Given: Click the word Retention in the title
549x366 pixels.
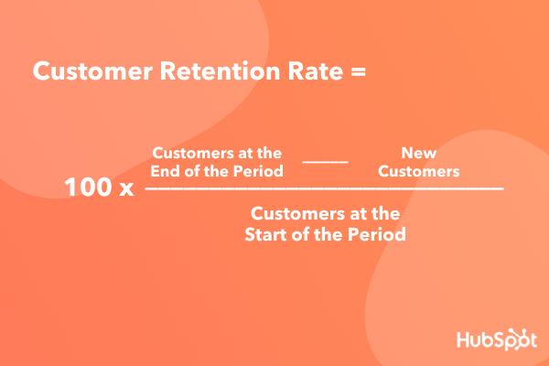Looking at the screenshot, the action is pyautogui.click(x=220, y=71).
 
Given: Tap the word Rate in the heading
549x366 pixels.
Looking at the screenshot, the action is pyautogui.click(x=315, y=71).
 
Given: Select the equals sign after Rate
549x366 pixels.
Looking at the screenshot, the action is pyautogui.click(x=358, y=72).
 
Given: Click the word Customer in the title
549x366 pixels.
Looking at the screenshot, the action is pyautogui.click(x=92, y=71).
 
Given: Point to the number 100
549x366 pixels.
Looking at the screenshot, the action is pyautogui.click(x=88, y=187).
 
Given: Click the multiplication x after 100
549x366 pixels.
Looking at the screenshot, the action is pyautogui.click(x=126, y=189).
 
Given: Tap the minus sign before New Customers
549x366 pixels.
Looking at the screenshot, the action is pyautogui.click(x=325, y=162).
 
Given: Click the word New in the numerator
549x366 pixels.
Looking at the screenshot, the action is pyautogui.click(x=419, y=153).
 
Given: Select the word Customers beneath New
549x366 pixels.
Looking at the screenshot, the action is pyautogui.click(x=419, y=171).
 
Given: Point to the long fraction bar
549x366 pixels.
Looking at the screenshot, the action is pyautogui.click(x=324, y=188).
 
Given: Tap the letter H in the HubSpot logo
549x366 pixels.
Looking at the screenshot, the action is pyautogui.click(x=464, y=339).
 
